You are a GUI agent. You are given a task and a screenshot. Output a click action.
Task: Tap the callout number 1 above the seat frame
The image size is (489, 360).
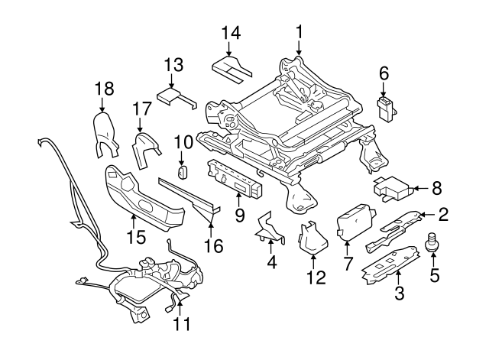click(x=300, y=31)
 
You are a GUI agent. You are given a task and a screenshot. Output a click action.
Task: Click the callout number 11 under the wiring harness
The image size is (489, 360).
click(x=181, y=325)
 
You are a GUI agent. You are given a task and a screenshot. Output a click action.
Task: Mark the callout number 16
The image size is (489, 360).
click(x=215, y=246)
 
